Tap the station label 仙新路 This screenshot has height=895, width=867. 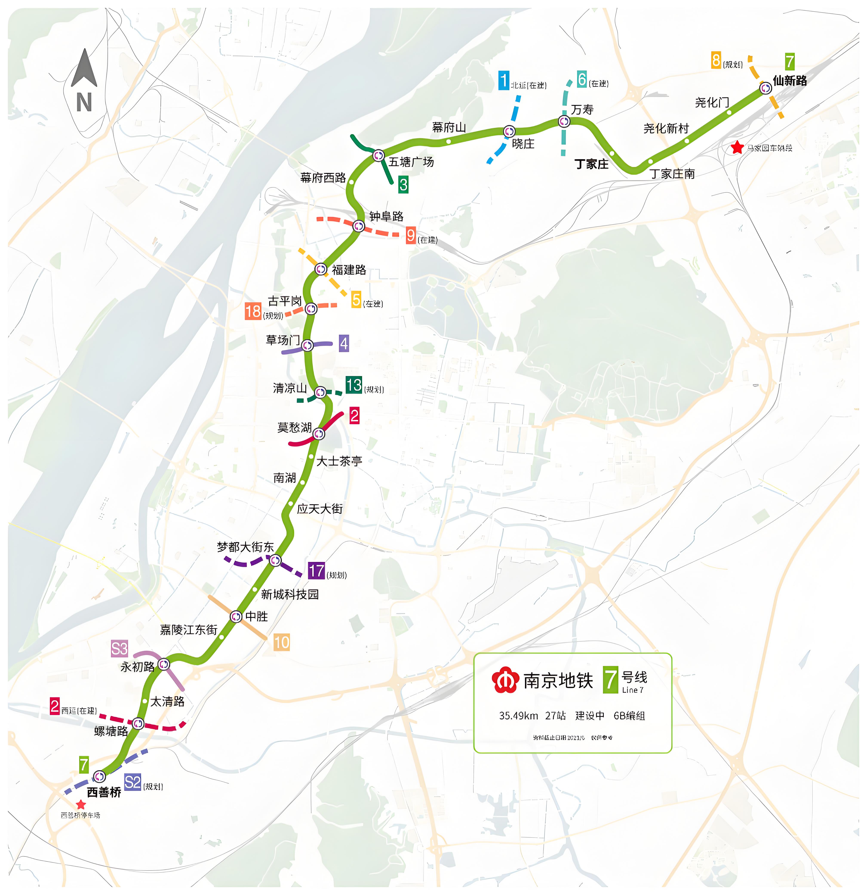(789, 81)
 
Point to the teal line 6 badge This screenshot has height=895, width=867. (582, 79)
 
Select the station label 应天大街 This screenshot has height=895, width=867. (319, 509)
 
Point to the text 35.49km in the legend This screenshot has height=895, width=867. (518, 716)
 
